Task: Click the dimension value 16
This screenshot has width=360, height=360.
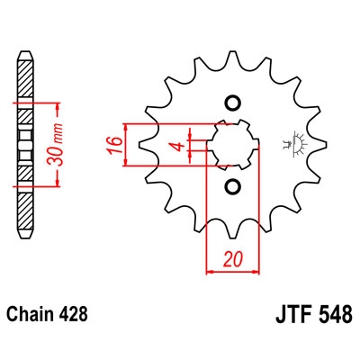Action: click(113, 145)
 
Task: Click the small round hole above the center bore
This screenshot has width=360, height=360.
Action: click(232, 102)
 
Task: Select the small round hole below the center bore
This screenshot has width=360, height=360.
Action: click(232, 187)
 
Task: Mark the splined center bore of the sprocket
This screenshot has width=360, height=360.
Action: click(233, 144)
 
